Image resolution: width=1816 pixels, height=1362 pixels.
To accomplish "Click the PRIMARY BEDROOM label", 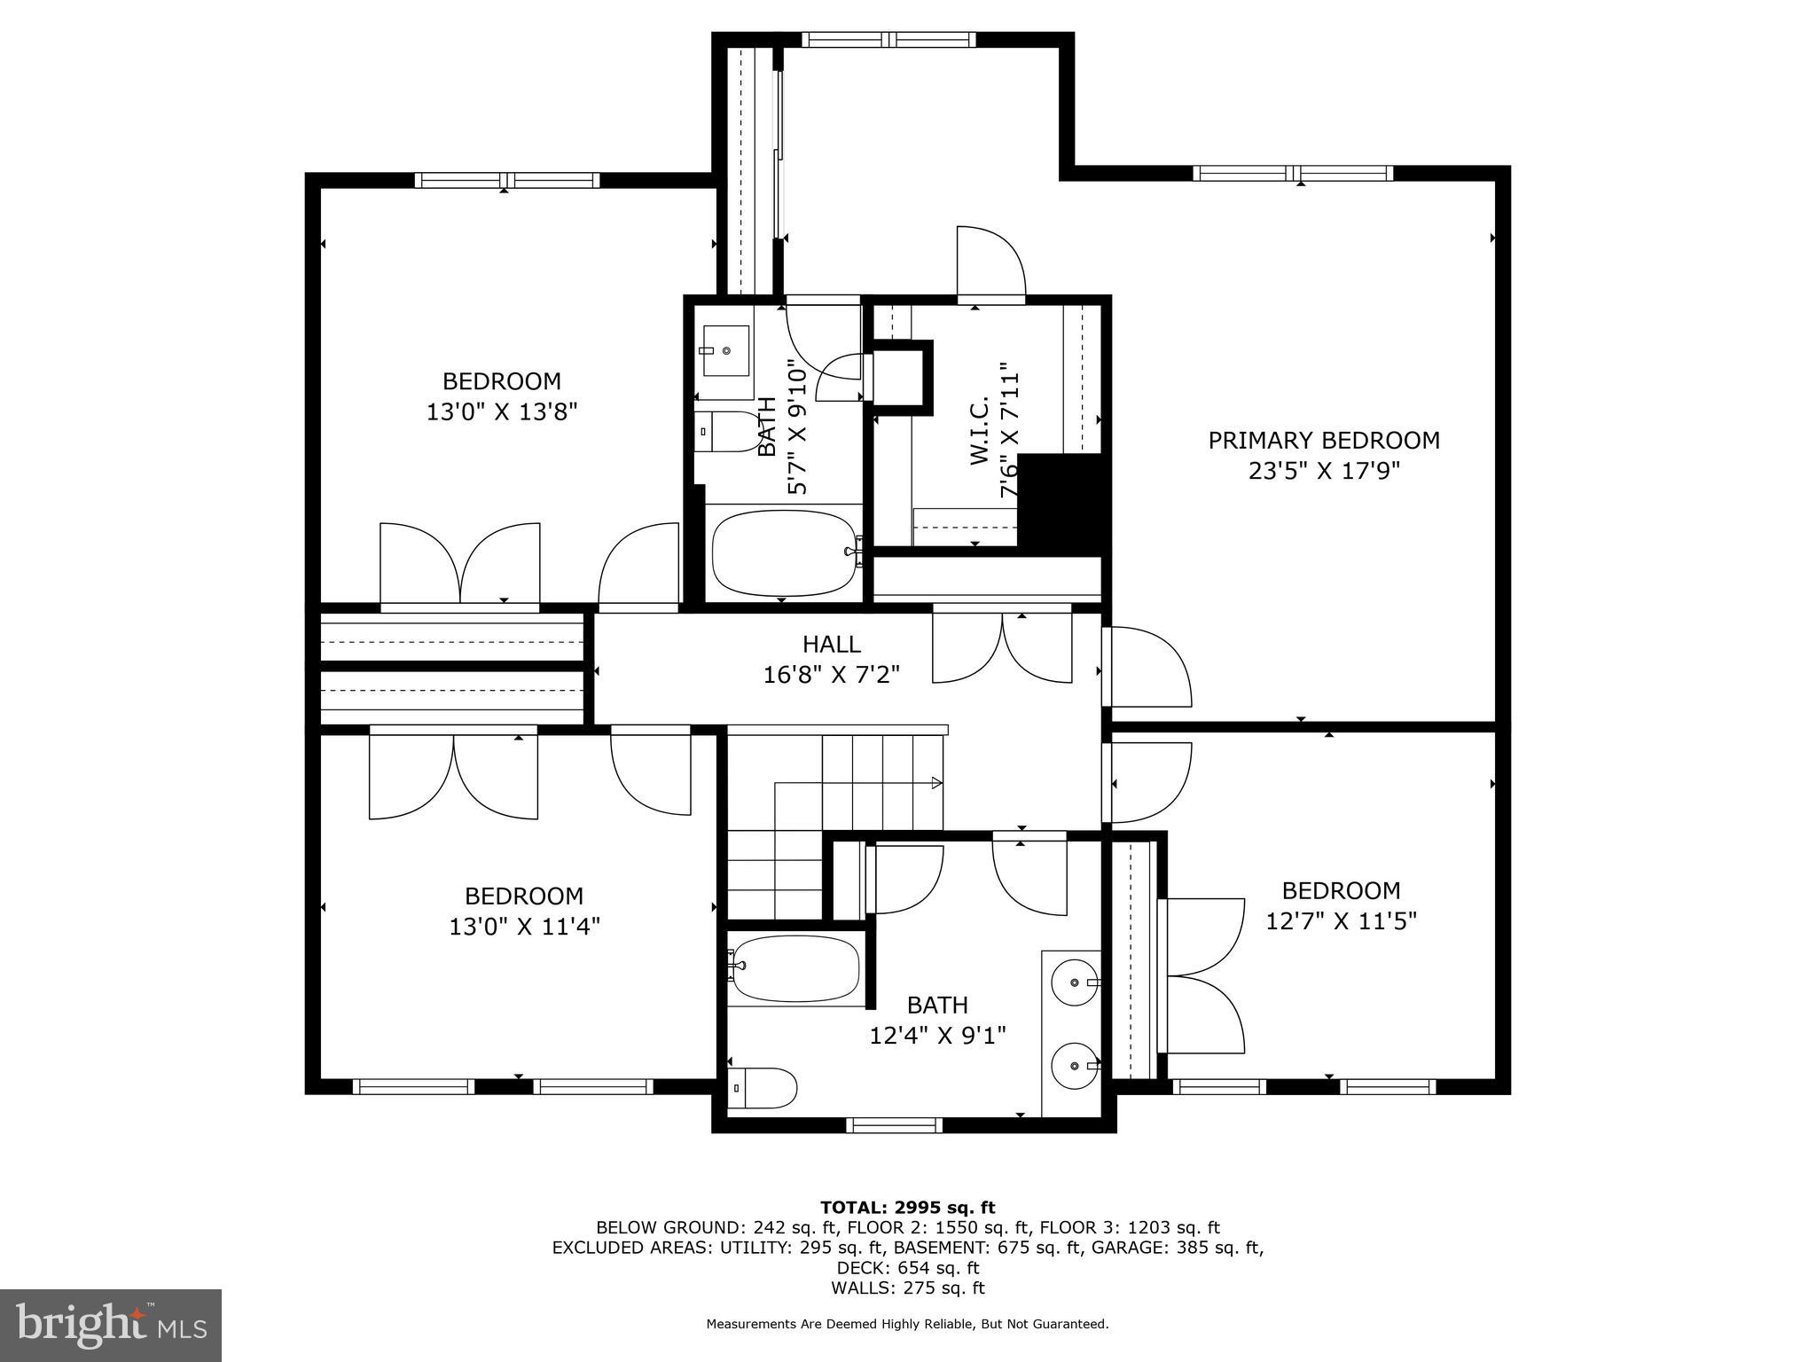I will (1323, 440).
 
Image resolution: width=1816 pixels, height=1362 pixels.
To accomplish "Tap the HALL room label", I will (831, 644).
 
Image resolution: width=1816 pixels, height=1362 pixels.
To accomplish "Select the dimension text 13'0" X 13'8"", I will (502, 412).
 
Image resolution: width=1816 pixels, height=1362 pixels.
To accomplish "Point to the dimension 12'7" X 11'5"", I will (1341, 921).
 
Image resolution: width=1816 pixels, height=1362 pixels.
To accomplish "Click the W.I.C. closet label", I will (979, 431).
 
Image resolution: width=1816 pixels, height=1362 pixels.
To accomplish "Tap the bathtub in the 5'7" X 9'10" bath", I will (782, 552).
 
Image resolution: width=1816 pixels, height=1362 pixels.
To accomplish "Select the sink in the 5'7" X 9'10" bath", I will (725, 351).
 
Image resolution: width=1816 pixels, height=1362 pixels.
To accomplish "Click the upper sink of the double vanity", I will (1075, 982).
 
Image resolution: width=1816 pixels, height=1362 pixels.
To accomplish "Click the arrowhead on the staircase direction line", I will (936, 783).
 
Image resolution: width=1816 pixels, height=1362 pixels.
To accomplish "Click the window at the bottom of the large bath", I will (894, 1125).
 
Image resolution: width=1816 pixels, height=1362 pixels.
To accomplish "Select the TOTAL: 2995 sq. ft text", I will (907, 1207).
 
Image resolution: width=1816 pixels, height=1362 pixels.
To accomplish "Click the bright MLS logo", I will (111, 1326).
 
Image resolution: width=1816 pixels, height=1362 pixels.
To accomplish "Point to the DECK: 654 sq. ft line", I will (907, 1268).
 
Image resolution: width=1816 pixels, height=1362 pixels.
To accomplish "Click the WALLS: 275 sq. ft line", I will (907, 1288).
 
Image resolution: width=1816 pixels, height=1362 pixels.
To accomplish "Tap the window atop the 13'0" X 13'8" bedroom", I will (506, 180).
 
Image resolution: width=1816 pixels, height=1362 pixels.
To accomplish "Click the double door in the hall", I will (1002, 647).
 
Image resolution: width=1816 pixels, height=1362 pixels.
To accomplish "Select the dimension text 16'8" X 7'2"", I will (831, 676).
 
